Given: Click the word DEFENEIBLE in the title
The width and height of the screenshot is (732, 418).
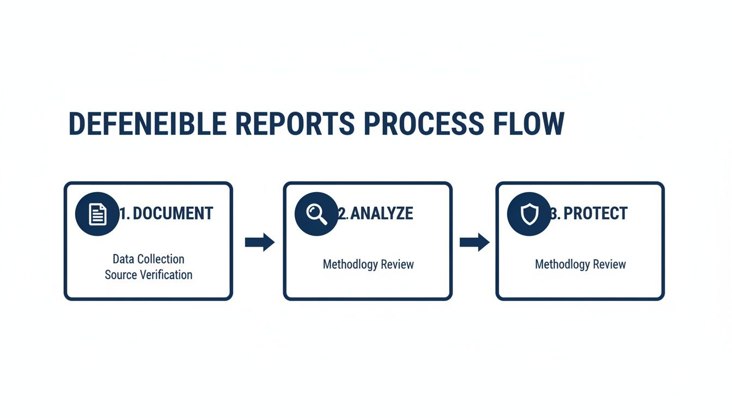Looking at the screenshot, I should [x=147, y=124].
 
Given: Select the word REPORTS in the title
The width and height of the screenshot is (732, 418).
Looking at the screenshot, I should [x=295, y=124].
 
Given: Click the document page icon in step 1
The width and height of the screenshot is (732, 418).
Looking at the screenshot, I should [x=97, y=214].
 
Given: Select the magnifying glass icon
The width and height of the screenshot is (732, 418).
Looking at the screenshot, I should [x=316, y=214].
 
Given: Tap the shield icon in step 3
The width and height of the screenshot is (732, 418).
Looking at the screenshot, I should [x=529, y=214].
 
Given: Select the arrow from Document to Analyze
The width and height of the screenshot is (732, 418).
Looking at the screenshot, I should [x=259, y=242].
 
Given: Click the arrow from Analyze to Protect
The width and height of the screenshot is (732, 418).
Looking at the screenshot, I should [x=474, y=242].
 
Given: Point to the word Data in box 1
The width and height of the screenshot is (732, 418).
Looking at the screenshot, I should [x=124, y=259].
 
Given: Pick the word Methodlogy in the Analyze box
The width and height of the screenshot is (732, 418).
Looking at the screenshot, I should [x=350, y=265].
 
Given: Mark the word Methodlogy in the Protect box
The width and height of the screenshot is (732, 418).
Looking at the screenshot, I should [x=563, y=265].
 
